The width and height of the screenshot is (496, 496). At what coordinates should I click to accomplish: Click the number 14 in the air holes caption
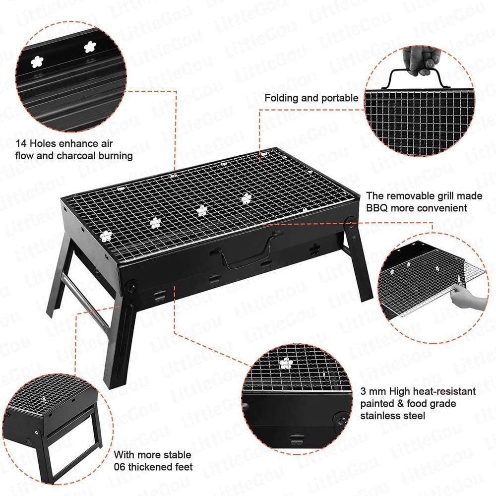coord(21,144)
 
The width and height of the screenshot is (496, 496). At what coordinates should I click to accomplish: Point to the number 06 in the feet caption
coord(120,467)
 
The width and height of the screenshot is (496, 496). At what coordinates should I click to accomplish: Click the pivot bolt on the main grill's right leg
coord(350,223)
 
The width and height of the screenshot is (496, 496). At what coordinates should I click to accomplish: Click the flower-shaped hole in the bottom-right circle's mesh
coord(286,364)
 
